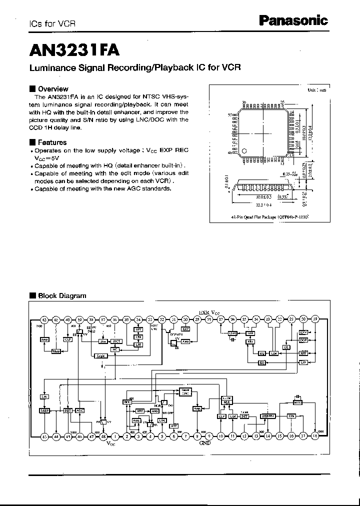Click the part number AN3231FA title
(x=74, y=49)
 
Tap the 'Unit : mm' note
(x=316, y=90)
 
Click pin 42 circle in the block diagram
(x=44, y=319)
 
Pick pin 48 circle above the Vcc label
(x=103, y=436)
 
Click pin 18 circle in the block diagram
(x=315, y=436)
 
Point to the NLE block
(x=226, y=401)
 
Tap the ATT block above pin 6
(x=174, y=426)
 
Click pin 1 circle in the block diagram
(x=115, y=436)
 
